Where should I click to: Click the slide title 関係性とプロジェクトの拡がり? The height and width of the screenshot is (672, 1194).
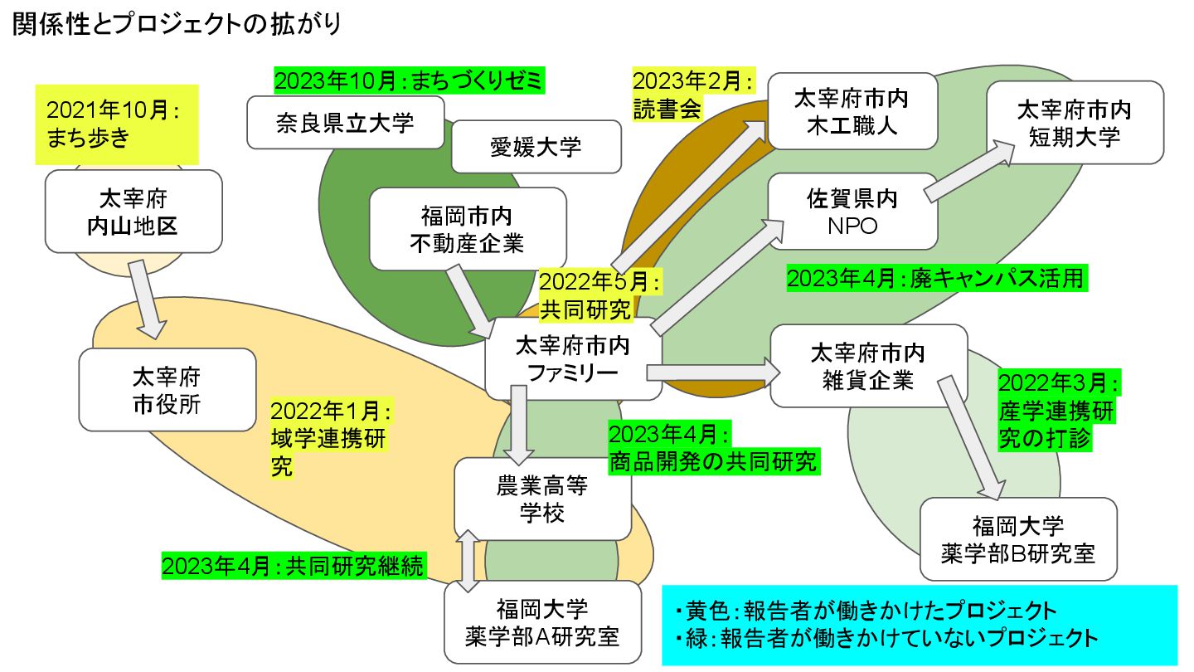(176, 24)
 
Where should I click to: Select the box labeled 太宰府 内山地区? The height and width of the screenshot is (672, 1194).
(133, 212)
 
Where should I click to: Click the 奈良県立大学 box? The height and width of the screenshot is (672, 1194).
(344, 123)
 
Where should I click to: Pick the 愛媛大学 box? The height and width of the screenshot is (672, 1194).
(536, 147)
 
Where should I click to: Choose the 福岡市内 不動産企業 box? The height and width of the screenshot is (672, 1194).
(467, 229)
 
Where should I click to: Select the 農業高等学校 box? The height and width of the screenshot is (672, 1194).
(542, 499)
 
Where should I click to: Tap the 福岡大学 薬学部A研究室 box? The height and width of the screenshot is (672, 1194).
(542, 622)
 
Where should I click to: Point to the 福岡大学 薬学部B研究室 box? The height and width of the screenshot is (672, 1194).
(1017, 538)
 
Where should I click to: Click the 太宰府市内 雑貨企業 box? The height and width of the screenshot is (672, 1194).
(868, 366)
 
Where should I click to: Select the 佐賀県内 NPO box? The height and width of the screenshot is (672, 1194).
(852, 212)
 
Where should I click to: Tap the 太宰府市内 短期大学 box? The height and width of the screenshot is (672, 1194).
(1074, 123)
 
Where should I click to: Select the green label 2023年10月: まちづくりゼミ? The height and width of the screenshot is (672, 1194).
(410, 80)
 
